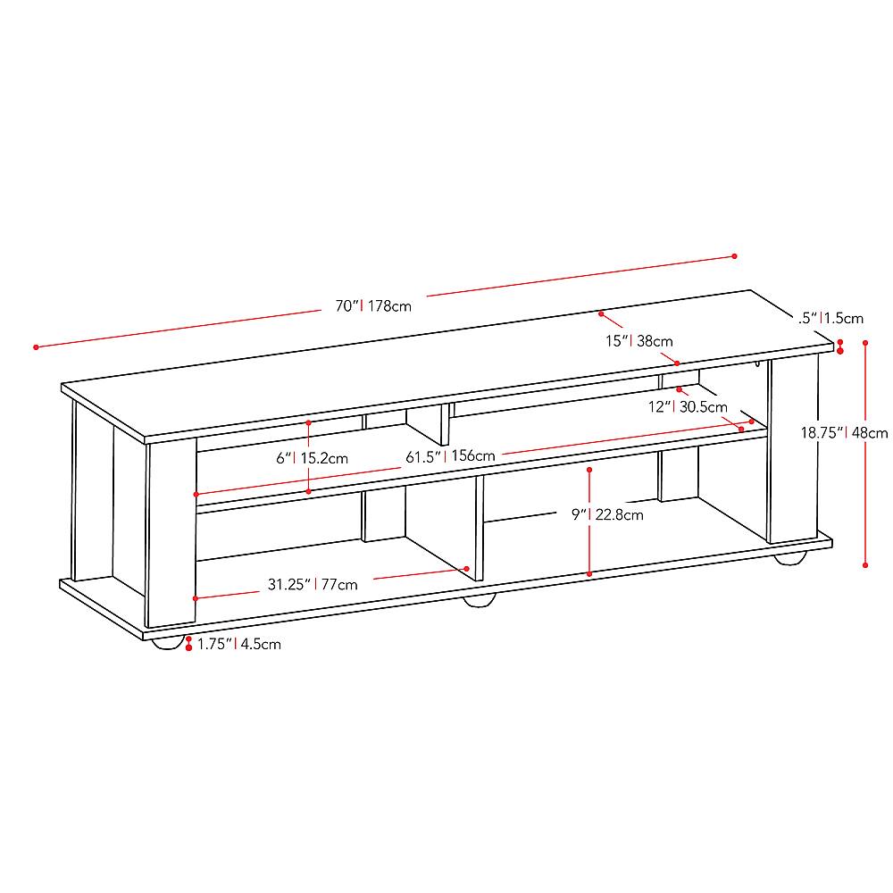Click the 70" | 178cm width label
point(373,306)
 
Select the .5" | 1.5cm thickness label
point(832,318)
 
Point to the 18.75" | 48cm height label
point(843,432)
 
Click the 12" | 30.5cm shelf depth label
point(688,406)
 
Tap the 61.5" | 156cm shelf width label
point(450,456)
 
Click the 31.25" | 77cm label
point(313,585)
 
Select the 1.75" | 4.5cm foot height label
point(238,644)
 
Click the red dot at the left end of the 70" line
point(36,346)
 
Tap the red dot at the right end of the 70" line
point(735,256)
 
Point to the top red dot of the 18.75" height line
point(865,341)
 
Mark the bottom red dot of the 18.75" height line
point(865,564)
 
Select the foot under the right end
point(789,558)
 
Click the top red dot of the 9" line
point(589,468)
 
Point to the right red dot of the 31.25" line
point(466,568)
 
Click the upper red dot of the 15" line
point(602,314)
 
